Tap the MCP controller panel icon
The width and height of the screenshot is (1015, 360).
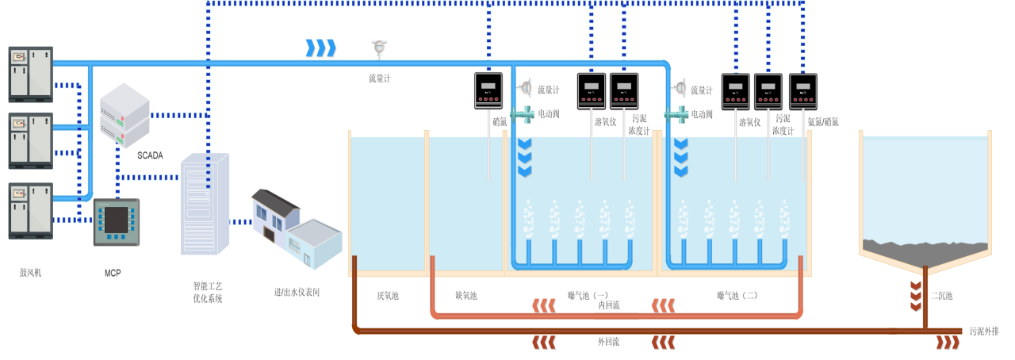(117, 222)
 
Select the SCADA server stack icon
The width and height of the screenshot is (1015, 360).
(124, 115)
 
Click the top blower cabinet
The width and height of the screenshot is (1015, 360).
(31, 74)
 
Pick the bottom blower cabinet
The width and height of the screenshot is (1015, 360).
(31, 210)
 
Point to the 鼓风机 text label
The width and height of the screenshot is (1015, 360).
(30, 273)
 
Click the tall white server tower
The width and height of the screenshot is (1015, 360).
(205, 204)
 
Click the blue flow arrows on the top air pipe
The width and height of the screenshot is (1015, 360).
(320, 48)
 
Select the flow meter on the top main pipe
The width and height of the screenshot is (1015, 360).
(379, 49)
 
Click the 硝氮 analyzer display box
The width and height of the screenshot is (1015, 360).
(488, 90)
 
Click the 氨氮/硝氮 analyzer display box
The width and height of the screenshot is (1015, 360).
(803, 91)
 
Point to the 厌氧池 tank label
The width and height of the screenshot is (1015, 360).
(388, 296)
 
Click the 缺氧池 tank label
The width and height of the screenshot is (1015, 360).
(465, 296)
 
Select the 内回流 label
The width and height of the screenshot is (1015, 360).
(608, 305)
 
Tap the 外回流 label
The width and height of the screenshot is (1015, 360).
(608, 342)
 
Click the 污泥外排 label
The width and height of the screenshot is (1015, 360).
(983, 331)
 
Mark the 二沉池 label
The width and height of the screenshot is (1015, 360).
(942, 296)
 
